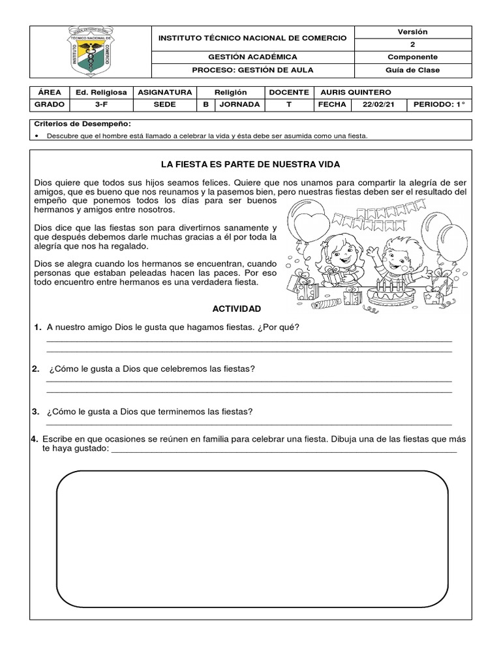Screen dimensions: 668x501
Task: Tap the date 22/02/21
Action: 378,104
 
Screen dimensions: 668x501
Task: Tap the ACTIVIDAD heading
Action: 236,308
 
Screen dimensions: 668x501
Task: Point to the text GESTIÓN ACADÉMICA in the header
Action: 252,57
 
